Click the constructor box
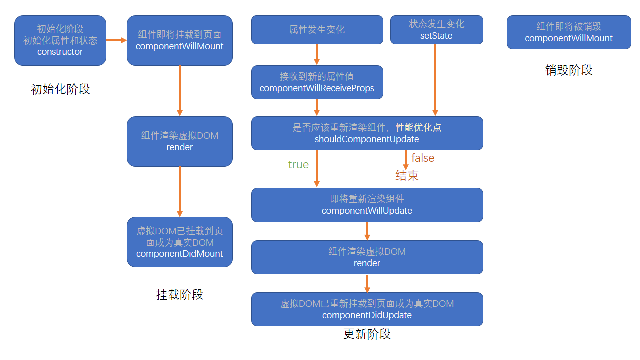[x=60, y=40]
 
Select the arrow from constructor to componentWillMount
[x=116, y=40]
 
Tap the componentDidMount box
[x=179, y=242]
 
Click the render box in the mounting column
[x=179, y=141]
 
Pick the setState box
[x=437, y=30]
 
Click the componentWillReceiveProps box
[x=317, y=82]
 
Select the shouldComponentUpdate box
[x=367, y=133]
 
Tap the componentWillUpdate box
[x=367, y=205]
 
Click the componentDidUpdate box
[x=367, y=309]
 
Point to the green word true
[x=298, y=165]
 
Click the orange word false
[x=423, y=158]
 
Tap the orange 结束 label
[x=407, y=175]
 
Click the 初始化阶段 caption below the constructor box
[x=60, y=89]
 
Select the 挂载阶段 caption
[x=179, y=294]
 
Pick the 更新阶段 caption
[x=367, y=334]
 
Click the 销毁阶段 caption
[x=569, y=70]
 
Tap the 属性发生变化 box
[x=317, y=30]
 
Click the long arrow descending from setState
[x=435, y=80]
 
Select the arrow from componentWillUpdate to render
[x=367, y=231]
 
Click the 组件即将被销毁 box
[x=569, y=32]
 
